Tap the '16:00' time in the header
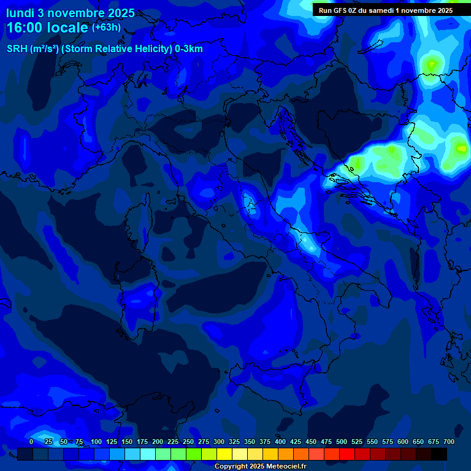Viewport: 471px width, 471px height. [25, 28]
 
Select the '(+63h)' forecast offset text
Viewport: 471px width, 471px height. [106, 28]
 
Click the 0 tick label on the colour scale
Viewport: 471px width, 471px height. [31, 442]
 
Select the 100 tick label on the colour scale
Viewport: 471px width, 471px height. [96, 442]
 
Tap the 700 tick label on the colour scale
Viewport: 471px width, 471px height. [449, 442]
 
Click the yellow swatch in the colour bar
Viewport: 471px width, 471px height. [224, 454]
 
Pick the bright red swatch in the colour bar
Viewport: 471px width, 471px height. [347, 454]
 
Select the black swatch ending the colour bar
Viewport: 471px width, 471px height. [439, 454]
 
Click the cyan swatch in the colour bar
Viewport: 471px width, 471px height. [148, 454]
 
